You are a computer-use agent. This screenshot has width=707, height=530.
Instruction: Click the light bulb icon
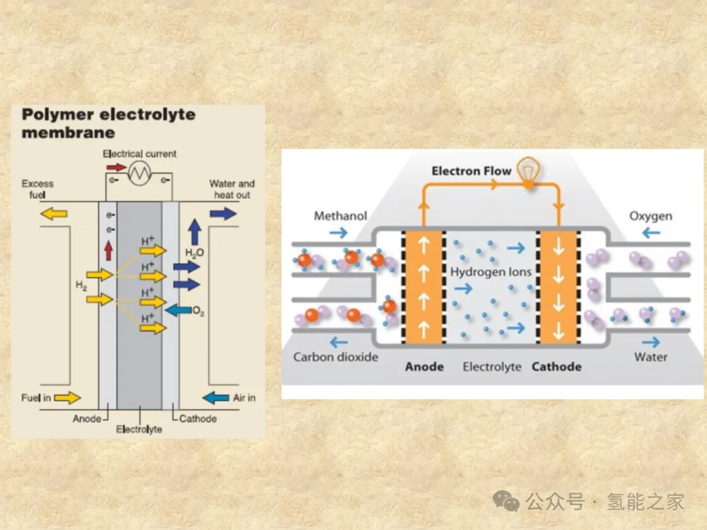point(527,172)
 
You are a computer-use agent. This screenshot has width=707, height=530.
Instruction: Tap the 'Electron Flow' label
point(471,171)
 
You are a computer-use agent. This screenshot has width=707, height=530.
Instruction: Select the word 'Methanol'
point(340,216)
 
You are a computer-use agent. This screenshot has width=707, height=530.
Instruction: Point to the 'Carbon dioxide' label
point(336,357)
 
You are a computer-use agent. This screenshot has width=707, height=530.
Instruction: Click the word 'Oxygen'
point(651,216)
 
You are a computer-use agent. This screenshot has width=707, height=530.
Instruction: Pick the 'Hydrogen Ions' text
point(491,272)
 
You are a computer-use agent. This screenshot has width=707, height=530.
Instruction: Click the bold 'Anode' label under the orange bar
point(424,367)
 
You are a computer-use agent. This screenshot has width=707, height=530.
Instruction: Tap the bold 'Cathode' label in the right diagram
point(556,367)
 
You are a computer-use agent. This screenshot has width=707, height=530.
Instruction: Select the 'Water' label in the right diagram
point(651,357)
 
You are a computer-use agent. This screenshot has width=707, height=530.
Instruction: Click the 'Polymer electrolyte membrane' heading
point(109,123)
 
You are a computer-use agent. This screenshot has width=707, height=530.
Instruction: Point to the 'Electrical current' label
point(139,154)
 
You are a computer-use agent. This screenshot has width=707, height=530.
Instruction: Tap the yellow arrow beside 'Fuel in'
point(67,397)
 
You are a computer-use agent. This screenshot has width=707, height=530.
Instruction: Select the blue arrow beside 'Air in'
point(216,397)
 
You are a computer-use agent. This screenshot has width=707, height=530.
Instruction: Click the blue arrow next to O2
point(177,309)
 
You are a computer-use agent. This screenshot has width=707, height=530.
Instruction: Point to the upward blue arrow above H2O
point(194,232)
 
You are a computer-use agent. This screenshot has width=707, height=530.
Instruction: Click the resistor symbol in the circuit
point(139,173)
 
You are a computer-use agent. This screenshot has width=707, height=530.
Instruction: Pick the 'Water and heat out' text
point(232,189)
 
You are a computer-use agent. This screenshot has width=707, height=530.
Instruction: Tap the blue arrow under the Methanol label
point(340,232)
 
